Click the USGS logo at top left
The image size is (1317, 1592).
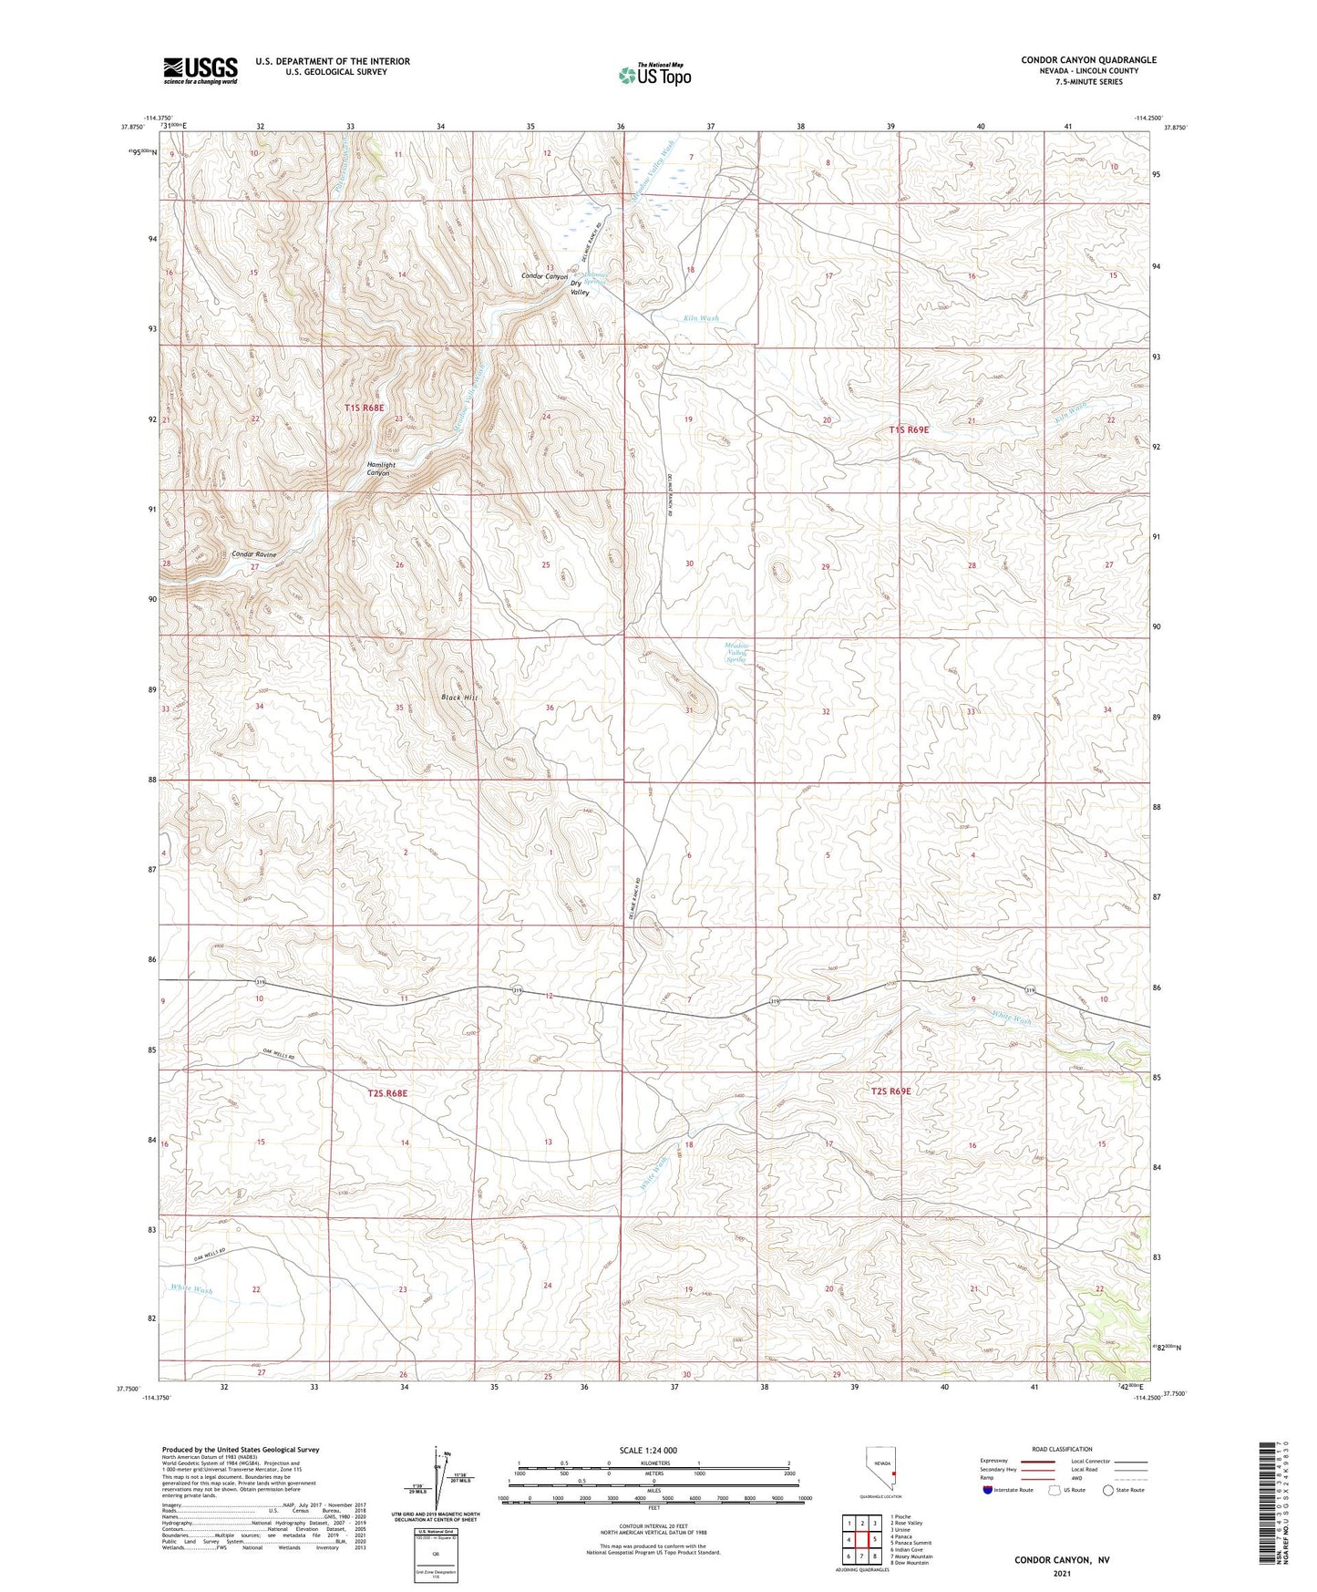click(x=200, y=70)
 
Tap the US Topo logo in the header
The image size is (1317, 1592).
click(x=654, y=75)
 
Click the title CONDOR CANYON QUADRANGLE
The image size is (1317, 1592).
click(x=1088, y=60)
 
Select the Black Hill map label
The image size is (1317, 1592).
click(x=459, y=698)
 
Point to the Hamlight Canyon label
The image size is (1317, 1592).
click(x=381, y=469)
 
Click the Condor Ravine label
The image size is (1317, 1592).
click(x=253, y=554)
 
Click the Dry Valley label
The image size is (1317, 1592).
click(x=580, y=288)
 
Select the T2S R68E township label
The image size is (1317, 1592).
click(x=387, y=1092)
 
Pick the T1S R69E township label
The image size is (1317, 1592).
click(x=909, y=429)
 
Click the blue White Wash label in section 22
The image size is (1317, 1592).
click(x=191, y=1289)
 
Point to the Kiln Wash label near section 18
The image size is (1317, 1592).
click(x=701, y=318)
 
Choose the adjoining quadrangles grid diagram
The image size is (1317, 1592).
click(x=861, y=1540)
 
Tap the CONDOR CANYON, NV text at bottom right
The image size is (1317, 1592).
click(x=1062, y=1560)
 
